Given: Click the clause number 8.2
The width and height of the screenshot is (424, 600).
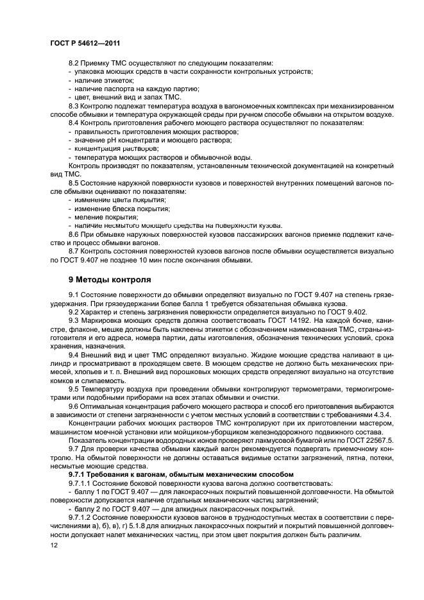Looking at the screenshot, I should click(76, 63).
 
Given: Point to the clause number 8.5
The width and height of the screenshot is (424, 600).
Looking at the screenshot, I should click(76, 183).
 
